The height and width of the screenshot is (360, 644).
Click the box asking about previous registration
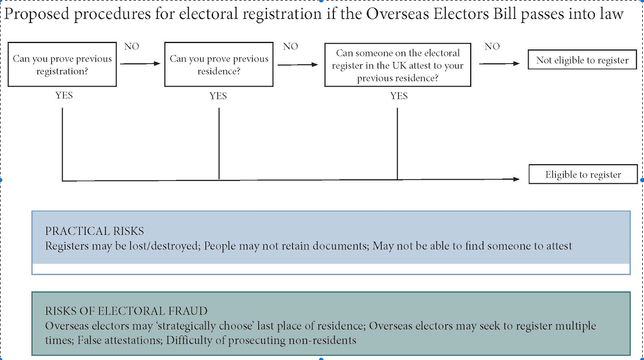click(x=62, y=64)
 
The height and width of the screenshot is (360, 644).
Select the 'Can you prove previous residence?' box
click(x=219, y=64)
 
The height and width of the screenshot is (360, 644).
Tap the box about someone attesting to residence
click(x=398, y=65)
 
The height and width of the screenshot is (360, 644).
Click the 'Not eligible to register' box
click(x=582, y=60)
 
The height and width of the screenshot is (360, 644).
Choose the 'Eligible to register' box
click(x=583, y=174)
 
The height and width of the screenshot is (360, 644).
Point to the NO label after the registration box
click(x=132, y=47)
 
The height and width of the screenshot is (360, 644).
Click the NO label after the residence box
click(x=290, y=47)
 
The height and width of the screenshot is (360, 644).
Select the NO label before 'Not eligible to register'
click(x=492, y=47)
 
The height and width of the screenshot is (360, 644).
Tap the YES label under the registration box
click(x=64, y=95)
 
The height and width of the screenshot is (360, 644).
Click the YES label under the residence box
click(x=218, y=96)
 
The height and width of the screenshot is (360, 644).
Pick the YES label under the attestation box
click(x=399, y=96)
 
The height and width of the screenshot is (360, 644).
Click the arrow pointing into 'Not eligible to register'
click(x=499, y=64)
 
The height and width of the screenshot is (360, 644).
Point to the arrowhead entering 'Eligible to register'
click(x=516, y=179)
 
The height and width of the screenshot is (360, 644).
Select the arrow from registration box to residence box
click(x=140, y=64)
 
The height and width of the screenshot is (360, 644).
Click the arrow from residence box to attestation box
click(x=298, y=64)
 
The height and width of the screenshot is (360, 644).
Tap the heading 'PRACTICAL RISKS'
click(x=95, y=231)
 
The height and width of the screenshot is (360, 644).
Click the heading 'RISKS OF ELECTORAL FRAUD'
click(x=126, y=311)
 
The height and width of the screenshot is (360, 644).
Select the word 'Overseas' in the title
click(x=394, y=14)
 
